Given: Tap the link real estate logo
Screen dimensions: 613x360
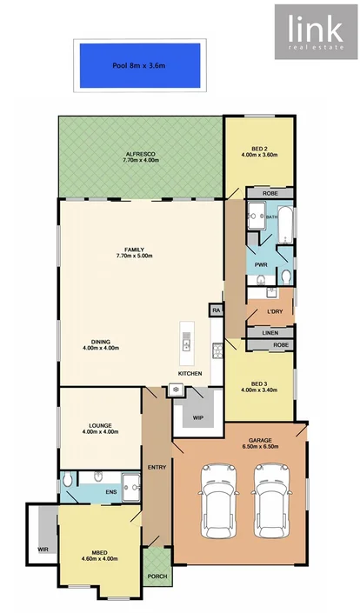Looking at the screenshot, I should click(315, 32).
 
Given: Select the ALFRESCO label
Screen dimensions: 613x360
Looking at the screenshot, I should click(138, 154).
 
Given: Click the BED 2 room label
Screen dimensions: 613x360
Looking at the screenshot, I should click(258, 149).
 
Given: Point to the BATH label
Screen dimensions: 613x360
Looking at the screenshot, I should click(271, 217).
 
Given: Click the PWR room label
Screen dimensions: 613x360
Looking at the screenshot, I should click(261, 264).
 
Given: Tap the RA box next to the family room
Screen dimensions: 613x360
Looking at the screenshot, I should click(216, 310).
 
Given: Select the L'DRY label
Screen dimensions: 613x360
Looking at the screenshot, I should click(275, 312).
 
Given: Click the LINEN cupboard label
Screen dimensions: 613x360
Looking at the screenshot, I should click(270, 332).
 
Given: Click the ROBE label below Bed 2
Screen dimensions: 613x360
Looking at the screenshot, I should click(270, 192).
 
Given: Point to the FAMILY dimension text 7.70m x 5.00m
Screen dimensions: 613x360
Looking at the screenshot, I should click(135, 256).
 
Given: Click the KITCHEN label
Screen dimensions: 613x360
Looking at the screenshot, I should click(190, 373).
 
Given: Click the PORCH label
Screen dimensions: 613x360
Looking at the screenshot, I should click(157, 576).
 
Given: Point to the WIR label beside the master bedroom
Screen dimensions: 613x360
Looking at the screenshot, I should click(43, 550).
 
